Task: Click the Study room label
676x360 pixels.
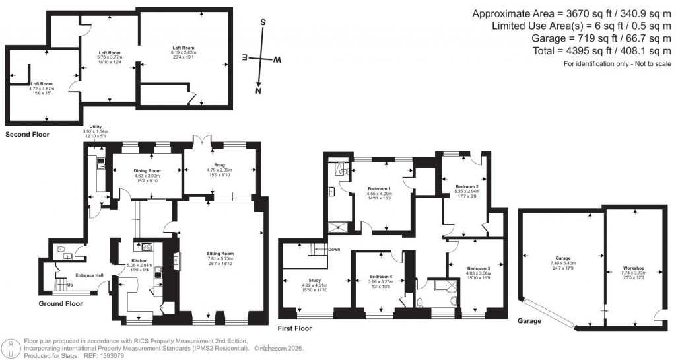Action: (314, 279)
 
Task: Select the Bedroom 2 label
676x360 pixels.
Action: (467, 187)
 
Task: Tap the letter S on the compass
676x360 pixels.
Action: (263, 22)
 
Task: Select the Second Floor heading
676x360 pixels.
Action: (27, 134)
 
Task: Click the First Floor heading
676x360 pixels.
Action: (294, 328)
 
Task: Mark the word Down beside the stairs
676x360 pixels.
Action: (334, 250)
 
